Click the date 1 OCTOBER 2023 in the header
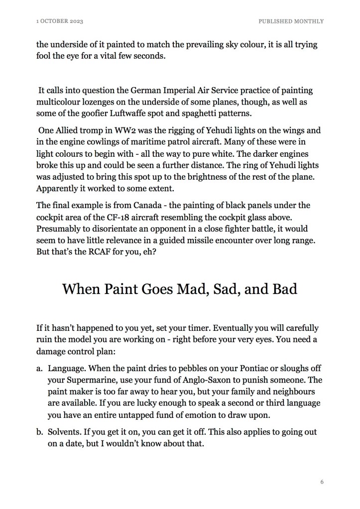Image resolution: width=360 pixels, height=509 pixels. tap(60, 21)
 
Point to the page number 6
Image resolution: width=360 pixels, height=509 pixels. tap(322, 482)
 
